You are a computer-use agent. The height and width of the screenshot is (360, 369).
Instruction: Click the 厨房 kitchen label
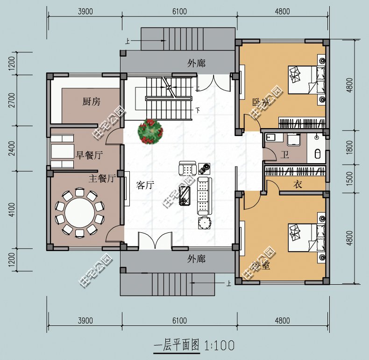(91, 102)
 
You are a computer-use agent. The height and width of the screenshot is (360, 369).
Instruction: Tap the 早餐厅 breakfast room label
(89, 155)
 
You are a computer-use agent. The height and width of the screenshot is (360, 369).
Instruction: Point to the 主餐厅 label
(102, 178)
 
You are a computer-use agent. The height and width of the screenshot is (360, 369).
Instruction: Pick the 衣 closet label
(297, 185)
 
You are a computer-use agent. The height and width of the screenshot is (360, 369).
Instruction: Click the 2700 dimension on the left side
(12, 101)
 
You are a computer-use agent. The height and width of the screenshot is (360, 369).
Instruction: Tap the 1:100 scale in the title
(219, 346)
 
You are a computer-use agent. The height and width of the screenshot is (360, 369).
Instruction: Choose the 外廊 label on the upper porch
(196, 63)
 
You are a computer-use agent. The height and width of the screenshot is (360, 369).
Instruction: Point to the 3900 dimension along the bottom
(85, 320)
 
